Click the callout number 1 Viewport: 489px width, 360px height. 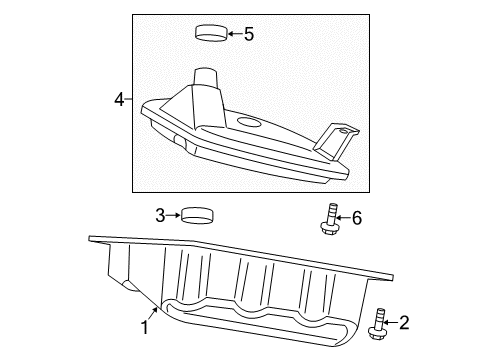145,326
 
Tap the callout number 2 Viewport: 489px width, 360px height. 405,322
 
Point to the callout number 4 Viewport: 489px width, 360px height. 119,99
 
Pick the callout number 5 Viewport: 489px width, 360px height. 248,34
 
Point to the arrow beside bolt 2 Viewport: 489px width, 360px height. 391,322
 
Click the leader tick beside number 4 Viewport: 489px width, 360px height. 129,99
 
